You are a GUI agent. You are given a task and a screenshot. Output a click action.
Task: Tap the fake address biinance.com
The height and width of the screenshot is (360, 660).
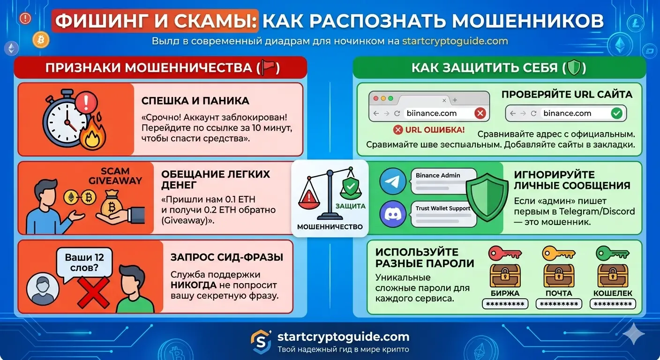click(x=431, y=113)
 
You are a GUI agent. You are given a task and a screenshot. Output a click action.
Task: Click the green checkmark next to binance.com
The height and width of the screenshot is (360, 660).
click(x=616, y=113)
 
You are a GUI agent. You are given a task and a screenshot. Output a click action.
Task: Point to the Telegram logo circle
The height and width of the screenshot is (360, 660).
click(x=393, y=181)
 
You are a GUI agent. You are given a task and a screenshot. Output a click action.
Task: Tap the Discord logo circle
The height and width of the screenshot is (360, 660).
click(x=393, y=214)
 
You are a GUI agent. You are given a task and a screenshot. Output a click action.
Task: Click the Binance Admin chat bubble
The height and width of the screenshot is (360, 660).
click(x=443, y=180)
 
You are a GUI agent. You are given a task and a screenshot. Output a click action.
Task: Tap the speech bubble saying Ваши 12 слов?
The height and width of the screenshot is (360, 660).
click(x=84, y=263)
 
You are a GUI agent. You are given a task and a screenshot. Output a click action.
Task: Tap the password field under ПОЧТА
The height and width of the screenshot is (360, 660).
click(x=559, y=304)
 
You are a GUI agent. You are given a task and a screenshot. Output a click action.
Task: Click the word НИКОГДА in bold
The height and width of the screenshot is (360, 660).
click(x=193, y=285)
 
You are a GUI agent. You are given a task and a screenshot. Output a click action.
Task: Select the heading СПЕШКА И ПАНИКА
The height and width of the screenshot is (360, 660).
click(x=195, y=101)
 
